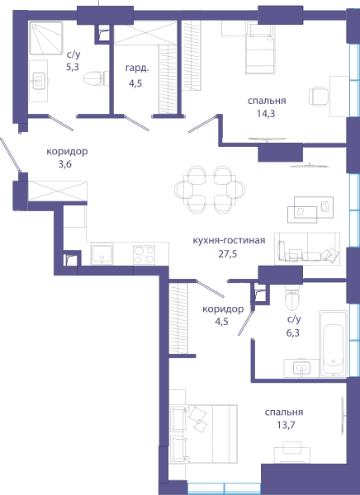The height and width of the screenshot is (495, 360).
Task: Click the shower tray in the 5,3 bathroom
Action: point(46,38)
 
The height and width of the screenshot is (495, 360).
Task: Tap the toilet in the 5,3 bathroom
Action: point(96,78)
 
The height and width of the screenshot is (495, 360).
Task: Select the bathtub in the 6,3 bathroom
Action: point(333,344)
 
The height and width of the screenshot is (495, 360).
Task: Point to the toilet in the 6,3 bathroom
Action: point(291,298)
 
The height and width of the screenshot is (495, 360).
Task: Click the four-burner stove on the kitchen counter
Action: point(144,255)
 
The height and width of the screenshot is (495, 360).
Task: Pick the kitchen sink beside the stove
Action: point(102,254)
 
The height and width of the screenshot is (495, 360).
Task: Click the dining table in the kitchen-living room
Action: point(210,190)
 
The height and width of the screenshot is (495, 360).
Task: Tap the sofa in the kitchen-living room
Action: point(307,249)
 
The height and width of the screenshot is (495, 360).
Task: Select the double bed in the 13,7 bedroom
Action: point(203,434)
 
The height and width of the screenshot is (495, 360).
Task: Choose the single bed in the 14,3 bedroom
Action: point(260,47)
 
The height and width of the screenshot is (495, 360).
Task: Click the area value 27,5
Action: point(228,253)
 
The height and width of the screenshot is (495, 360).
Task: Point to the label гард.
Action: point(137,68)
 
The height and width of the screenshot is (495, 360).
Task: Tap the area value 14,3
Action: point(266,114)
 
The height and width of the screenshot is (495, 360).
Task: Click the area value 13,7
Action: point(286,425)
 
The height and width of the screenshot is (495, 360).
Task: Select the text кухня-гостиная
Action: point(229,241)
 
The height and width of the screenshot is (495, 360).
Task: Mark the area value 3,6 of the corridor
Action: point(64,164)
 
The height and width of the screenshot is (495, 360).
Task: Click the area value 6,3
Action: point(293,332)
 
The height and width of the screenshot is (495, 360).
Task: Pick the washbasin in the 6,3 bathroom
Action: point(302,368)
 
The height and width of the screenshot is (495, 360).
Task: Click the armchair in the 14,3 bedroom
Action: point(319,97)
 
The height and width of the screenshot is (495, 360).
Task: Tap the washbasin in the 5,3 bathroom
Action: point(39,81)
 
